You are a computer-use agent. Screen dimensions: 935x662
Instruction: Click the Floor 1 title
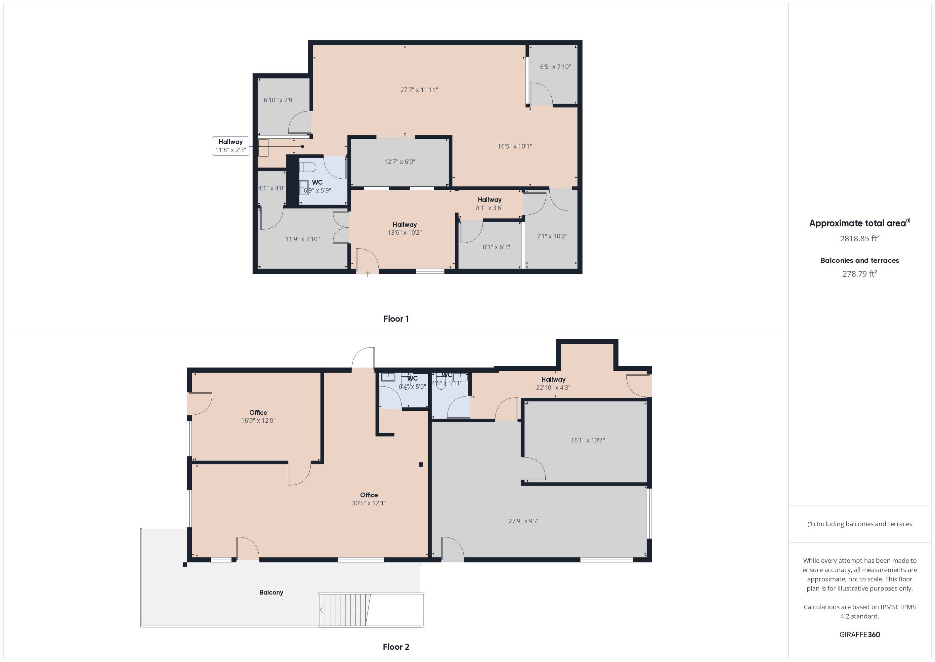click(396, 319)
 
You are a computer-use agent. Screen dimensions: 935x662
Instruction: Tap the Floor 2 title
click(396, 647)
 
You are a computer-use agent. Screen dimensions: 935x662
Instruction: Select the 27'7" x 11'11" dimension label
click(419, 90)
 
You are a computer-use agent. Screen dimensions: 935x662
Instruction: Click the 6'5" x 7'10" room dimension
click(555, 67)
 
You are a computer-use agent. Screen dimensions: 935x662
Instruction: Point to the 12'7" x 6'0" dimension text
click(400, 162)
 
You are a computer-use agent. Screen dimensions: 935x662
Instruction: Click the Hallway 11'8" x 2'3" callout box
click(231, 146)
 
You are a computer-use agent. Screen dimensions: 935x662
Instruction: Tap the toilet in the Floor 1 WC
click(308, 167)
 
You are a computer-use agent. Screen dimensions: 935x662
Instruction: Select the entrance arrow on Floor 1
click(367, 274)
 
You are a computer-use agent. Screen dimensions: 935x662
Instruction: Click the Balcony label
click(271, 592)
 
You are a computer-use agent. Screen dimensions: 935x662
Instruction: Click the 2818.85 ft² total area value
click(860, 238)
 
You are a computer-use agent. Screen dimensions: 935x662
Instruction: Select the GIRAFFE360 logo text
click(860, 635)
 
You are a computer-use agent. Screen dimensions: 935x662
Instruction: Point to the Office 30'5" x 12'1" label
click(369, 499)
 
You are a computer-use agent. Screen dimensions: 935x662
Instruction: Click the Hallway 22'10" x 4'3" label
click(553, 384)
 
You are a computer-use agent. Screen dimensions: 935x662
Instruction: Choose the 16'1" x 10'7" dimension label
click(588, 440)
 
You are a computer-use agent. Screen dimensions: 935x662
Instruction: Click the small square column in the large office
click(421, 464)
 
